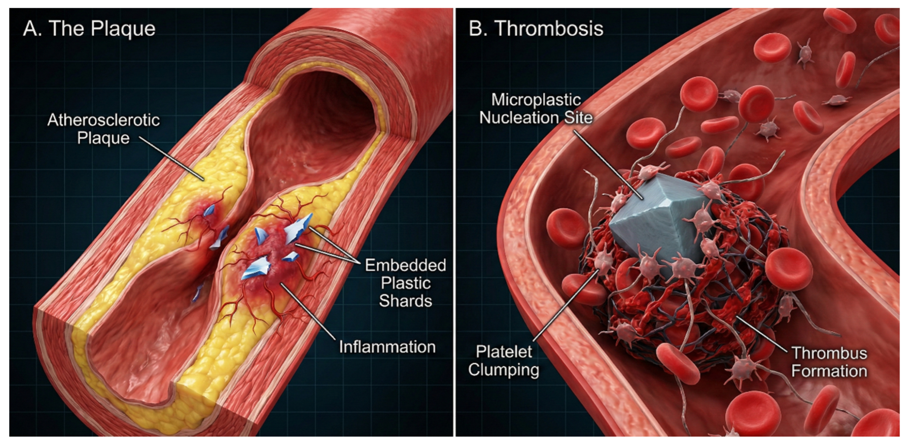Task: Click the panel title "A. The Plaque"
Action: tap(90, 28)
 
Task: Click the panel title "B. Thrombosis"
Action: tap(535, 28)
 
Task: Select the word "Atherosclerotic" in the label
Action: tap(103, 120)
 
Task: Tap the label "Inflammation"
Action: tap(387, 347)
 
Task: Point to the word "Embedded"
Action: tap(405, 265)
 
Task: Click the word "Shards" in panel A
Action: tap(405, 301)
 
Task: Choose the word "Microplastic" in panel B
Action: tap(536, 100)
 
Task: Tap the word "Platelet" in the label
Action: tap(504, 352)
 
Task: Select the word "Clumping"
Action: tap(503, 370)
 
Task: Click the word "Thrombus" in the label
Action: tap(830, 353)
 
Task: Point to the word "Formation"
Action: tap(829, 371)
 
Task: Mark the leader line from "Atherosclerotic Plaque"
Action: tap(171, 158)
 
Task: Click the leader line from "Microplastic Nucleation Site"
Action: tap(608, 164)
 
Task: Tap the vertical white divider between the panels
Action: tap(454, 222)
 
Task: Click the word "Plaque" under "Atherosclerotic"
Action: tap(103, 138)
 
